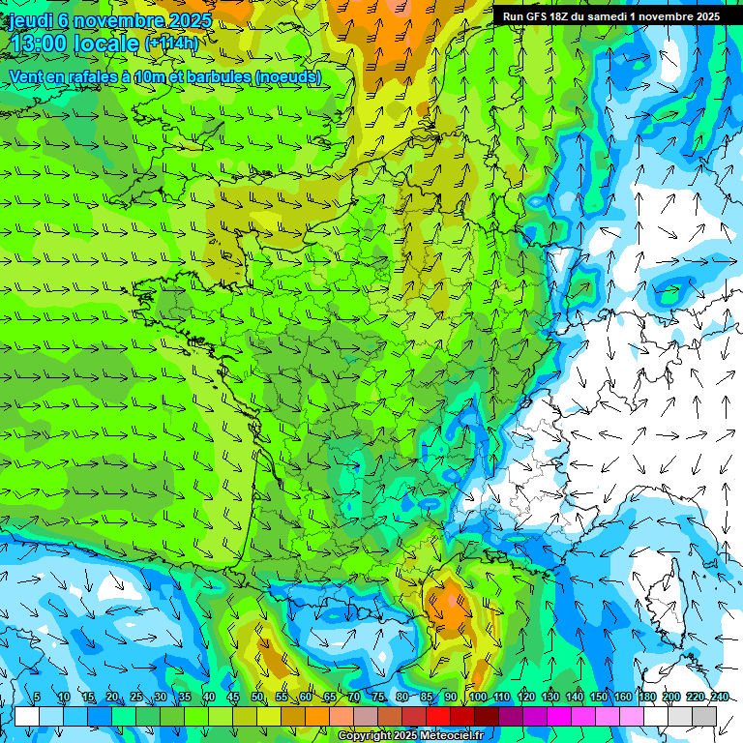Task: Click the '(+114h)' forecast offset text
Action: coord(171,44)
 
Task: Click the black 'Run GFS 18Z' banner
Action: coord(610,16)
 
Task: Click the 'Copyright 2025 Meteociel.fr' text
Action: coord(410,735)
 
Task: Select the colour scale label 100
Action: coord(478,698)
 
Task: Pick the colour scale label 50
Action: coord(257,698)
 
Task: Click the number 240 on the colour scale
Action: coord(720,698)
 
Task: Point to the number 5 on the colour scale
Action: coord(37,698)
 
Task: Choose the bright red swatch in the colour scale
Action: coord(438,716)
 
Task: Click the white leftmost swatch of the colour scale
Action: coord(27,716)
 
